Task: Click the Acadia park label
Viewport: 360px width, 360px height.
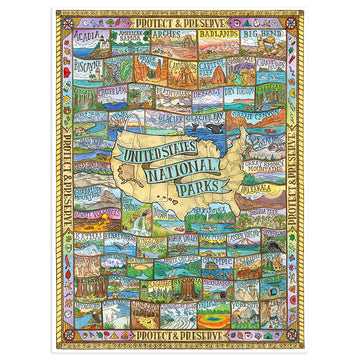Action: [x=85, y=33]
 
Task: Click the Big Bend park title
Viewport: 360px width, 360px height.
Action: [x=262, y=34]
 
